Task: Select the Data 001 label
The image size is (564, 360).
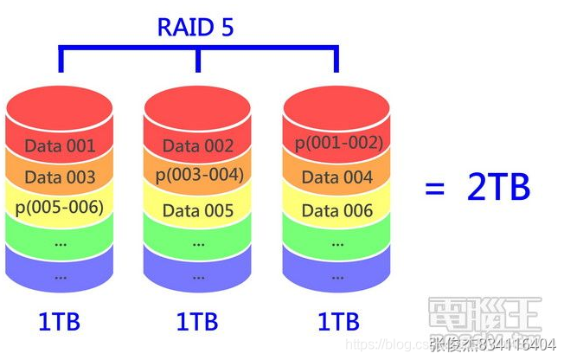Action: point(60,145)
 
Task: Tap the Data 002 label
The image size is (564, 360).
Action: point(198,145)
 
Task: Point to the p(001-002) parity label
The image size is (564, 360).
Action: point(338,143)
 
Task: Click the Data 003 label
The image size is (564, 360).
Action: point(60,177)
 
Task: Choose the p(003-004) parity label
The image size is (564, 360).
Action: point(199,176)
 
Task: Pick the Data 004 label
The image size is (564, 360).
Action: point(338,177)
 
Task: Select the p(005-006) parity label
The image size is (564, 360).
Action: point(60,208)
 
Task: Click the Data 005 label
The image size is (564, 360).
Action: point(198,210)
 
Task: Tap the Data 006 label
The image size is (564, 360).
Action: point(338,210)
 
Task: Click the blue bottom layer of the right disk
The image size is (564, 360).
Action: point(338,275)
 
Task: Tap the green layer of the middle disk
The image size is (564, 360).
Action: point(198,243)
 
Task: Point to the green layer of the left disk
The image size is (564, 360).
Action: point(60,243)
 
